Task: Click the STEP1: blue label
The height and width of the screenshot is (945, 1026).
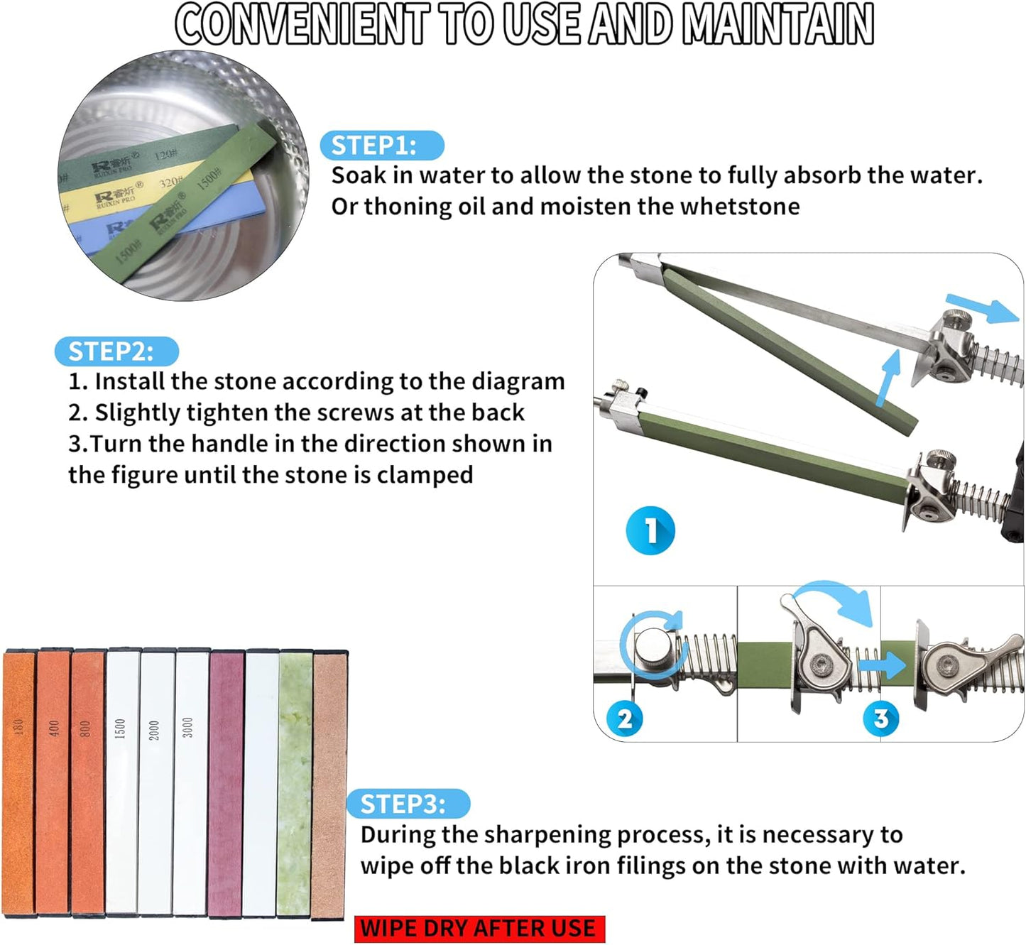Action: point(381,146)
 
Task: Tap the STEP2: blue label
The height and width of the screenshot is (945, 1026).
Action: point(116,351)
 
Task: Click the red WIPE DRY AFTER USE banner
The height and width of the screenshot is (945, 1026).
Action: point(480,928)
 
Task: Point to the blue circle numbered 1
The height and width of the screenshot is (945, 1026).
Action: point(650,530)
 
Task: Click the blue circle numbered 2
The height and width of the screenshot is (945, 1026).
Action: point(625,719)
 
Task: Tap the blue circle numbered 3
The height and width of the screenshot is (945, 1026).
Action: point(880,718)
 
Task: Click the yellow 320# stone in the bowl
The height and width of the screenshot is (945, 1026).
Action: point(153,192)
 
